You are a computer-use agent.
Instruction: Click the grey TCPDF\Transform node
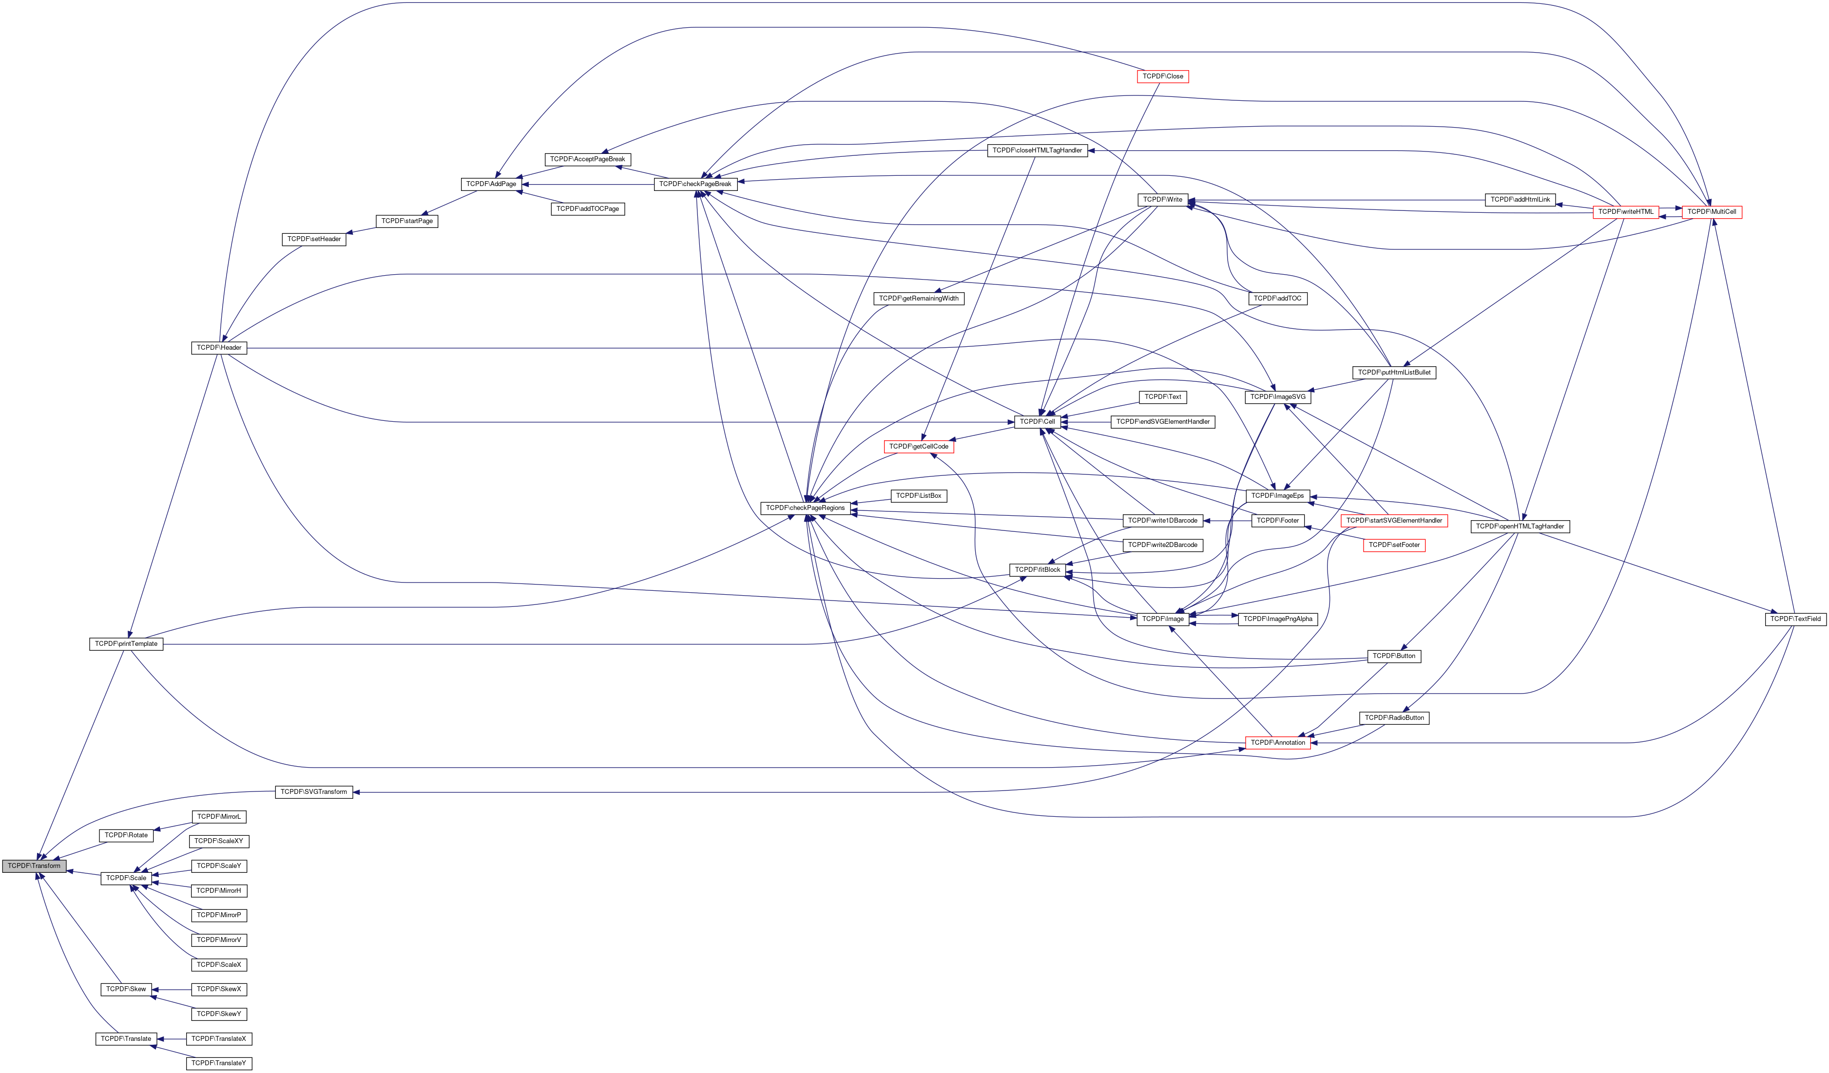click(x=34, y=866)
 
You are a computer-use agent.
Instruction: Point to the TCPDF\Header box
click(x=218, y=347)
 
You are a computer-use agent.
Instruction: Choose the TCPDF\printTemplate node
click(x=126, y=643)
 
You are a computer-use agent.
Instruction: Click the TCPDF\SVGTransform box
click(x=313, y=791)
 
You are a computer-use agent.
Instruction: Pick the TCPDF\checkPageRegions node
click(x=805, y=508)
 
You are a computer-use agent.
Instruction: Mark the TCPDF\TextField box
click(x=1795, y=619)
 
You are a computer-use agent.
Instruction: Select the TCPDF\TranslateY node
click(x=218, y=1063)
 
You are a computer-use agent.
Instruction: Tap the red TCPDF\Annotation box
click(x=1277, y=742)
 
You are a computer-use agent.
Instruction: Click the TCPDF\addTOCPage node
click(x=587, y=209)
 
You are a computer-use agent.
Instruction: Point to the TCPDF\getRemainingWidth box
click(x=918, y=298)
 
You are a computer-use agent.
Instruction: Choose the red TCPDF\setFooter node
click(x=1393, y=545)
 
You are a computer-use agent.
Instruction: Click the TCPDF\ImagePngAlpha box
click(x=1277, y=619)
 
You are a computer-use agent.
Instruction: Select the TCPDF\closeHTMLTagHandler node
click(x=1037, y=150)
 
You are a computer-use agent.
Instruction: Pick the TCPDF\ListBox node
click(x=918, y=495)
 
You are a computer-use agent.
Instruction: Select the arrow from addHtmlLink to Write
click(x=1335, y=200)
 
